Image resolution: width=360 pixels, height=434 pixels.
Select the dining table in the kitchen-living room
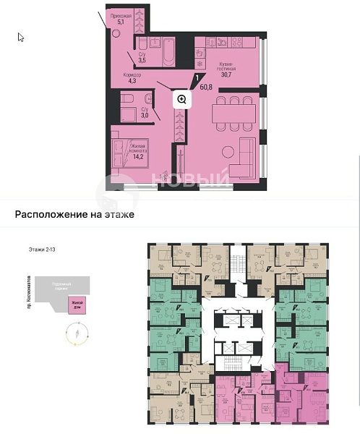coord(234,114)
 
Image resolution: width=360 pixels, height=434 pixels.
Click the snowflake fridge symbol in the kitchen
coord(200,63)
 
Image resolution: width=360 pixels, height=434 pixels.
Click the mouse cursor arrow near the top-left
coord(21,37)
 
